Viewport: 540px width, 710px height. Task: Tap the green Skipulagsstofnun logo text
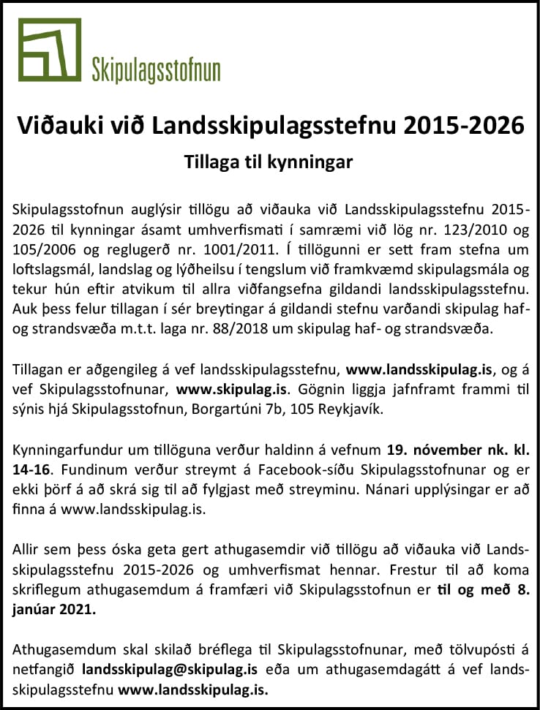(156, 71)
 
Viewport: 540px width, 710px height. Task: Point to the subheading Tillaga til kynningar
(269, 162)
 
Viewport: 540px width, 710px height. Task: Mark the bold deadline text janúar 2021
(55, 610)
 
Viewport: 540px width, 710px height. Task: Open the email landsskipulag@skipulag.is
(170, 669)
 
